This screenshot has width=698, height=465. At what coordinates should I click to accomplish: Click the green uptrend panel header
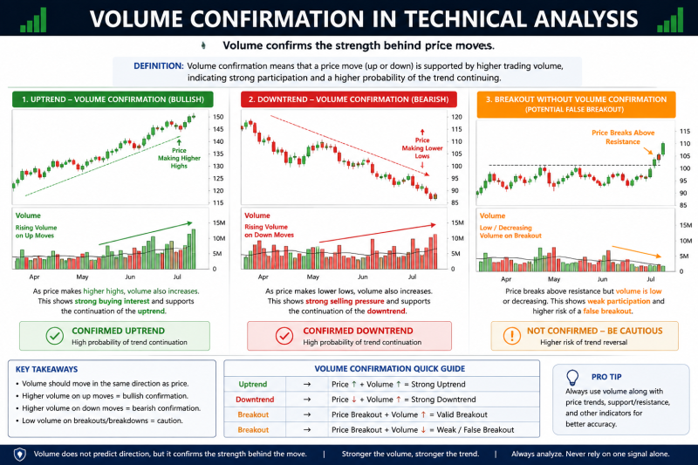point(113,99)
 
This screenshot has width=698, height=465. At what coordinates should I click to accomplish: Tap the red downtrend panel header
point(348,99)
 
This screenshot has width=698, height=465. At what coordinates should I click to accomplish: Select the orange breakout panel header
point(576,104)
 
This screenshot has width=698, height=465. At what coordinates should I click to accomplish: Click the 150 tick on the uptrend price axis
point(218,117)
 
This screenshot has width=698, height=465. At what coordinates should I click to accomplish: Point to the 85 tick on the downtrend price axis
point(455,203)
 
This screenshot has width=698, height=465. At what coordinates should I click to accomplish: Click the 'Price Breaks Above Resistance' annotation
point(623,137)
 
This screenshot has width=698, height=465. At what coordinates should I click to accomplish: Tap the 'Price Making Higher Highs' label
point(179,158)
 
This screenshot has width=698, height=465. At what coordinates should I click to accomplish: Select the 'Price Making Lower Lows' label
point(422,148)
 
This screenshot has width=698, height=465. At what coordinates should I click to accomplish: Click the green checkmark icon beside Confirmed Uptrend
point(55,336)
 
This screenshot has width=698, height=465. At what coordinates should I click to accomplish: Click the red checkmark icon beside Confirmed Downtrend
point(284,336)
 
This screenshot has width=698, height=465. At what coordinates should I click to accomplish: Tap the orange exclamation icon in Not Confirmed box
point(512,336)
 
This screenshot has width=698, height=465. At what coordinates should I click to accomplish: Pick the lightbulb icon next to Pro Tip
point(572,378)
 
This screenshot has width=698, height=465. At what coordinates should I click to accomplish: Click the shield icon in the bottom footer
point(19,455)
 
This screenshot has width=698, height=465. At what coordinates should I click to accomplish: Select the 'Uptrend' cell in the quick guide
point(253,385)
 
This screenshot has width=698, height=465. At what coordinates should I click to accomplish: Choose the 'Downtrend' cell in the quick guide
point(255,400)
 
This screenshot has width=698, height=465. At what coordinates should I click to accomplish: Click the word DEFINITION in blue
point(159,65)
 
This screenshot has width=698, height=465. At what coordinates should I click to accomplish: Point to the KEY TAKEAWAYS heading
point(47,369)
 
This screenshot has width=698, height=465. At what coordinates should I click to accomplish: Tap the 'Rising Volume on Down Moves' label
point(269,230)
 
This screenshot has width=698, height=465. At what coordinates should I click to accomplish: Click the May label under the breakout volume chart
point(554,279)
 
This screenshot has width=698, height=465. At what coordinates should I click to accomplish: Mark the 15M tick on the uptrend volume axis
point(220,223)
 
